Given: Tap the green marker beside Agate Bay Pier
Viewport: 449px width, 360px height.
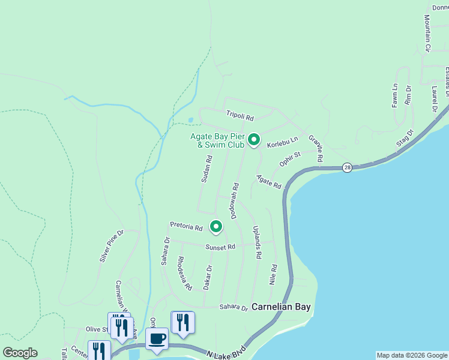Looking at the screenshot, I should (x=254, y=140).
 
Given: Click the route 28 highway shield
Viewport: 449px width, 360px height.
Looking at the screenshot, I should (x=348, y=167).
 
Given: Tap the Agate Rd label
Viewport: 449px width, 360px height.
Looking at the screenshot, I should (x=268, y=182).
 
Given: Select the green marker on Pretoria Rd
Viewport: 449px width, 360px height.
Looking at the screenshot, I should (x=216, y=226).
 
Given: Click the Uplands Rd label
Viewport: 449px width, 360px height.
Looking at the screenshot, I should (x=257, y=242).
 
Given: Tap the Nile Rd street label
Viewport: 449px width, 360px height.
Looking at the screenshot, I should (x=274, y=275).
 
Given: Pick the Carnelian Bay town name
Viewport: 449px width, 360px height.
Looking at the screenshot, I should (x=281, y=307).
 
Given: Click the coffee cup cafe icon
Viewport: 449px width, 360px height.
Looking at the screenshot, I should (x=157, y=338).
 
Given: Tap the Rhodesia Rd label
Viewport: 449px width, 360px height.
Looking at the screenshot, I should (x=184, y=274).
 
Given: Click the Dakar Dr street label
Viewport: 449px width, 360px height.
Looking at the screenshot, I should (x=208, y=277).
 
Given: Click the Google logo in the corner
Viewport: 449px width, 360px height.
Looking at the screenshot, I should (x=20, y=353).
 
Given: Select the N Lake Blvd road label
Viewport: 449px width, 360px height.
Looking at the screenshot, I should (x=224, y=352).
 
